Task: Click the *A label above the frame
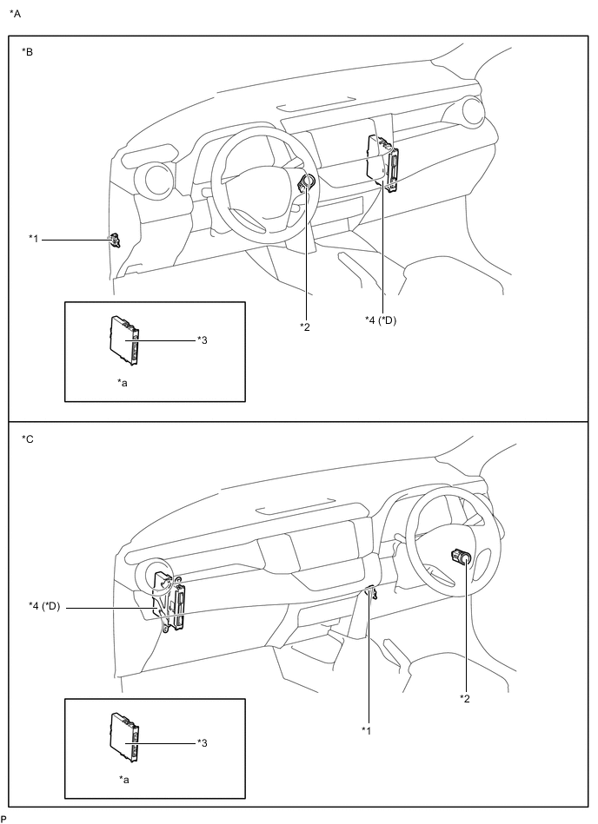point(16,14)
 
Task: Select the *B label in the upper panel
point(27,51)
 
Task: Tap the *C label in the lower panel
point(27,438)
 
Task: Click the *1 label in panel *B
point(34,239)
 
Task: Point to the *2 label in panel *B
point(305,326)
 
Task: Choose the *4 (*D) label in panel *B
point(381,320)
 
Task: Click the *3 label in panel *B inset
point(203,340)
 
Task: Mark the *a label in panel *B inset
point(123,383)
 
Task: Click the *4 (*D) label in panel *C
point(44,606)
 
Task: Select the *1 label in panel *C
point(367,730)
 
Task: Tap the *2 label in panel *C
point(465,698)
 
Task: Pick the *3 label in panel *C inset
point(203,742)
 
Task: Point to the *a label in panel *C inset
point(124,780)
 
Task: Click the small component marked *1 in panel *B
point(114,241)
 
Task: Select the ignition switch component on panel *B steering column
point(307,183)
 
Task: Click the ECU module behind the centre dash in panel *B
point(382,162)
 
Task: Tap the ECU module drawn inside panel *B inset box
point(124,340)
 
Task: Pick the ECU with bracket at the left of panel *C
point(169,602)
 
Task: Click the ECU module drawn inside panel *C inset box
point(124,737)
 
